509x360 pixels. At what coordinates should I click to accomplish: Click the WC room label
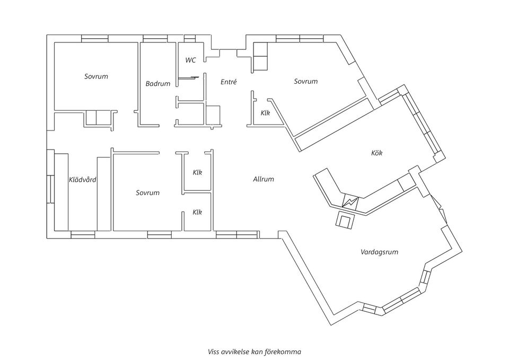coord(190,60)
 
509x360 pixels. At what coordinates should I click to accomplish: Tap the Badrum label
coord(158,84)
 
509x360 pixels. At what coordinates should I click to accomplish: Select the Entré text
coord(229,82)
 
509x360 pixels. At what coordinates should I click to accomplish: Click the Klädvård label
coord(83,180)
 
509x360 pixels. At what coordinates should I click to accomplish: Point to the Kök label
coord(376,153)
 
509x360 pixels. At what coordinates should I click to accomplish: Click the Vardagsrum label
coord(379,252)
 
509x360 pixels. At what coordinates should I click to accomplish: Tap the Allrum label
coord(264,179)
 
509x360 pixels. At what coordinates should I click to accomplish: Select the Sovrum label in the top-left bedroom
coord(96,76)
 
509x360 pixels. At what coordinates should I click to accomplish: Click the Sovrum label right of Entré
coord(306,81)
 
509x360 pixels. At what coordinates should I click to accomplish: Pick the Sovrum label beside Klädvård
coord(147,192)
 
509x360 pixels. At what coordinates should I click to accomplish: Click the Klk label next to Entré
coord(265,113)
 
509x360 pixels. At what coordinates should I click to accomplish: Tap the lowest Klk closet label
coord(197,212)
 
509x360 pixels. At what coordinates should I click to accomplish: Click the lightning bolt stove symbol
coord(350,202)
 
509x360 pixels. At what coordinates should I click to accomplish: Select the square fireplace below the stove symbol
coord(345,220)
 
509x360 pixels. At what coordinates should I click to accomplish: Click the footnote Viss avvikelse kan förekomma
coord(254,351)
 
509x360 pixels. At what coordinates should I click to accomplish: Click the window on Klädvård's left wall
coord(51,188)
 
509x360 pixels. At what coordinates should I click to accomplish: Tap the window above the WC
coord(190,38)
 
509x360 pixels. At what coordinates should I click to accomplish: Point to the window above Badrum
coord(154,38)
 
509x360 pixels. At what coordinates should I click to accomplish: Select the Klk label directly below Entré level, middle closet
coord(197,172)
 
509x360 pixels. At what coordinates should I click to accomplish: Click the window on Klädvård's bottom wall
coord(83,235)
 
